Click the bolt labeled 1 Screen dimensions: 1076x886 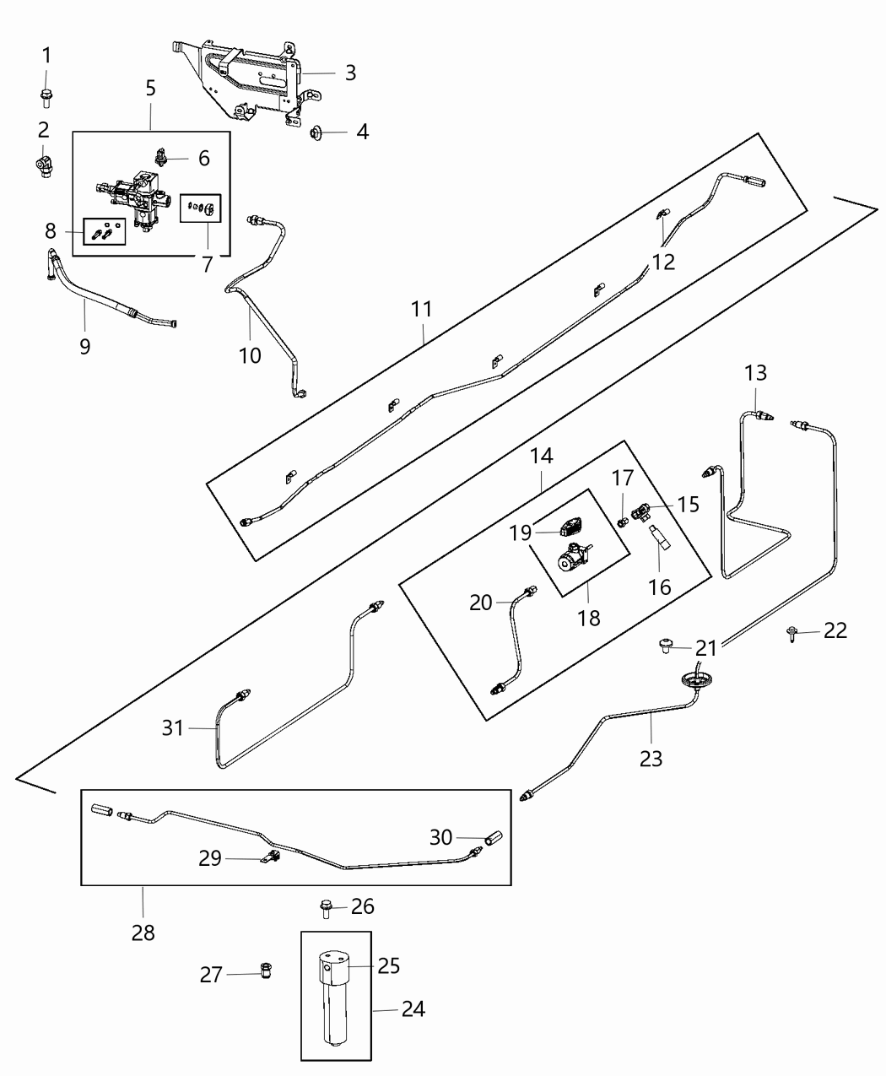click(46, 96)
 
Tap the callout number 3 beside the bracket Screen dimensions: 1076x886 click(350, 73)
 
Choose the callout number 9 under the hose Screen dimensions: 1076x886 click(84, 346)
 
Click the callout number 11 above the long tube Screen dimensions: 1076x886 click(422, 309)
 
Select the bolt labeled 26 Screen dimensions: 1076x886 click(327, 908)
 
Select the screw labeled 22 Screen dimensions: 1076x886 click(794, 631)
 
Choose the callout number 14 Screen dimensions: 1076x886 click(541, 456)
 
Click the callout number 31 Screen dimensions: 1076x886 click(173, 727)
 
